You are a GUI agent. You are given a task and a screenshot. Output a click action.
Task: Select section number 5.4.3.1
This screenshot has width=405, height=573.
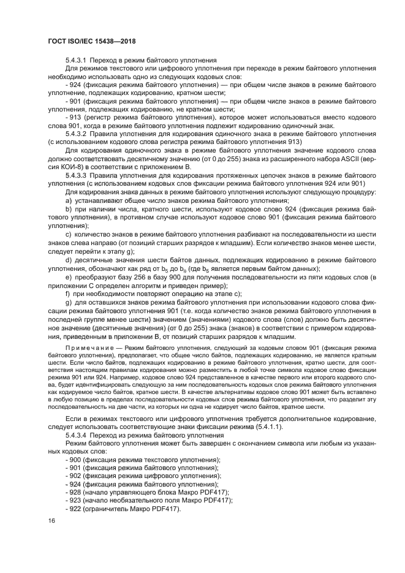click(79, 61)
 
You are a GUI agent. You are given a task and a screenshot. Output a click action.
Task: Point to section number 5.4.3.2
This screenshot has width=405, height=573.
click(79, 132)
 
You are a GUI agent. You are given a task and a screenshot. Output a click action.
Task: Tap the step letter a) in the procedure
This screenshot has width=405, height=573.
click(69, 200)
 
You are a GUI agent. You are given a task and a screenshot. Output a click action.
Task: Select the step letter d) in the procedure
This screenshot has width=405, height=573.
click(69, 260)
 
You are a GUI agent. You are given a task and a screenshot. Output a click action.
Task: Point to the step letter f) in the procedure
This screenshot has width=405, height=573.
click(68, 294)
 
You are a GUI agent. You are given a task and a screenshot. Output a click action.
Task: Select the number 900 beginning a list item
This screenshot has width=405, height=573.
click(75, 460)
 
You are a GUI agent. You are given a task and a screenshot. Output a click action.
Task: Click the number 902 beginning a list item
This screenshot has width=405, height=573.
click(75, 476)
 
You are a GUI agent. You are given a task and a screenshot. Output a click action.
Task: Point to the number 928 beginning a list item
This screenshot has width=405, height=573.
click(75, 492)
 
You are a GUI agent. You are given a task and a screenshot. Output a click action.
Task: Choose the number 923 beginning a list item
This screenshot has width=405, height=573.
click(75, 500)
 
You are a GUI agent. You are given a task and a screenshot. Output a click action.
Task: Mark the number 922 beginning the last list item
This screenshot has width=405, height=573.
click(75, 508)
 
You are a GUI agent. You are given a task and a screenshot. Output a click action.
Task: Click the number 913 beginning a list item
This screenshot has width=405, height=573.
click(75, 116)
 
